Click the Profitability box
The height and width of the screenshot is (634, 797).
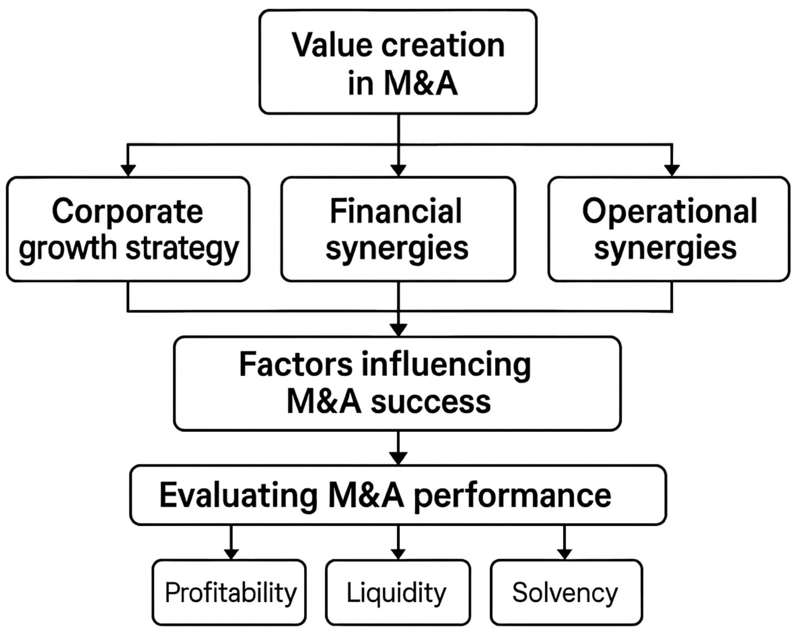point(229,593)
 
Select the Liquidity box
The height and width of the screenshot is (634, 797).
point(398,593)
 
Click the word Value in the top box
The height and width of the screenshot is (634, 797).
point(332,45)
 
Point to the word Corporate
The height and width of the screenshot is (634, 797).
point(128,211)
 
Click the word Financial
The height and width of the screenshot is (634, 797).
point(396,211)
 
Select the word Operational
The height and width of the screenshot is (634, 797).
point(669,211)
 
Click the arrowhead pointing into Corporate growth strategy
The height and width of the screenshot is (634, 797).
point(128,170)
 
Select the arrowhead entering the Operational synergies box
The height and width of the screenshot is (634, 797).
point(672,170)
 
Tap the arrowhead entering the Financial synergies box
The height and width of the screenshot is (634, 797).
point(398,170)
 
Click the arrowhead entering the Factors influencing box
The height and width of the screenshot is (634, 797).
point(398,330)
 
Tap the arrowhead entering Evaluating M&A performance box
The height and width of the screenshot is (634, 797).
point(398,458)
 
